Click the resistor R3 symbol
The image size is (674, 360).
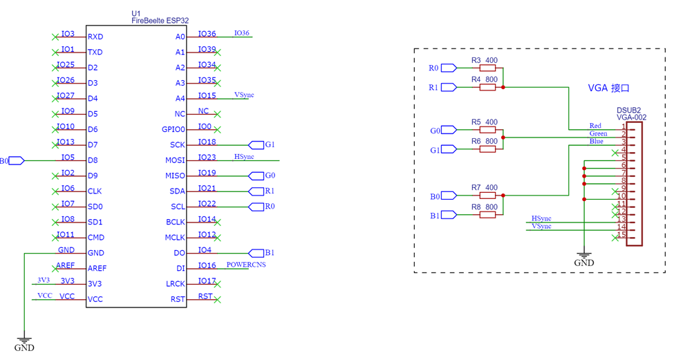click(x=487, y=68)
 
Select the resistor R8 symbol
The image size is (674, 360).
click(x=487, y=214)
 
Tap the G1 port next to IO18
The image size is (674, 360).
click(x=256, y=145)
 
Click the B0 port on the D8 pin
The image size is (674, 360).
click(x=17, y=161)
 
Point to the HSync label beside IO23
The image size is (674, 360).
click(x=244, y=156)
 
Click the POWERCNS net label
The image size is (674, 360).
click(x=246, y=265)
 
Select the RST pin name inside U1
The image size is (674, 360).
click(x=178, y=299)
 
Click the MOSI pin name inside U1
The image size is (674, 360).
click(x=175, y=160)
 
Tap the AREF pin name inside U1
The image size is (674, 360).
click(x=97, y=269)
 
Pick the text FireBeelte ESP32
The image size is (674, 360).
click(x=160, y=21)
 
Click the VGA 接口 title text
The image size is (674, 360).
click(x=608, y=88)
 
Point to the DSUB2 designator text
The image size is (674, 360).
click(x=628, y=111)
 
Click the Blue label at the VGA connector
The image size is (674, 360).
click(x=596, y=142)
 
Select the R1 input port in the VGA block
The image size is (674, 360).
click(x=449, y=88)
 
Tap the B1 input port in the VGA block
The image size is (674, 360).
click(x=449, y=215)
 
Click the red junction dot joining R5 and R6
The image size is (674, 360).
click(x=503, y=138)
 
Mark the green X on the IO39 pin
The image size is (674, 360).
click(x=218, y=53)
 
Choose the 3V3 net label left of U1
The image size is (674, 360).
click(x=44, y=280)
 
